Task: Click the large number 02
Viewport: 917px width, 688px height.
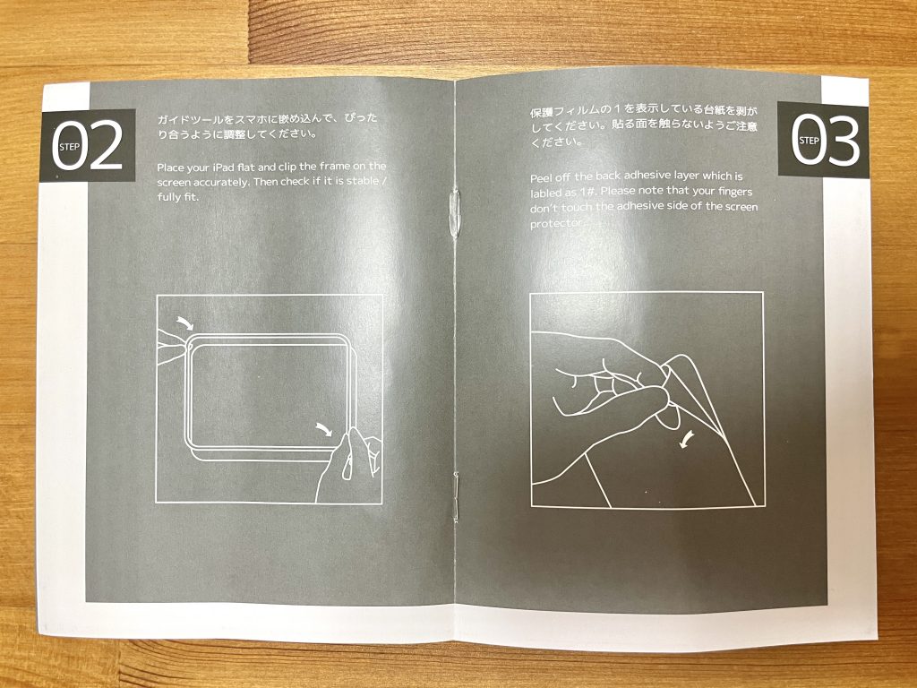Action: [x=88, y=146]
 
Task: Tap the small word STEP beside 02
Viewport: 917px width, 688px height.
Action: [x=70, y=148]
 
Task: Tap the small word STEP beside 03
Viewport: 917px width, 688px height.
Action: [x=809, y=141]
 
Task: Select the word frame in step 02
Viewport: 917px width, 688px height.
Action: [x=335, y=166]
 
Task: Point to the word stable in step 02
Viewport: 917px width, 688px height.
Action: [x=362, y=181]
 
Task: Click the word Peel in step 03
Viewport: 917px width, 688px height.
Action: [x=541, y=178]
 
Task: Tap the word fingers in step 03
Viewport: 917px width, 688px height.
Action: [x=733, y=192]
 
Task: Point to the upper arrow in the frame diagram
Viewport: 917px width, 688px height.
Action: [x=185, y=322]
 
